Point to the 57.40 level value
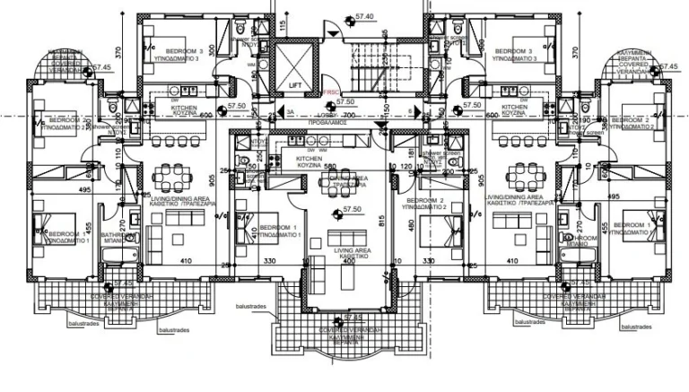click(x=363, y=16)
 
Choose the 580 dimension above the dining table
click(x=329, y=167)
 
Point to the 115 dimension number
click(x=283, y=24)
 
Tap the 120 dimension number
click(x=405, y=167)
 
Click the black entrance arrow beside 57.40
click(x=334, y=32)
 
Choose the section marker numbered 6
click(x=410, y=111)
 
